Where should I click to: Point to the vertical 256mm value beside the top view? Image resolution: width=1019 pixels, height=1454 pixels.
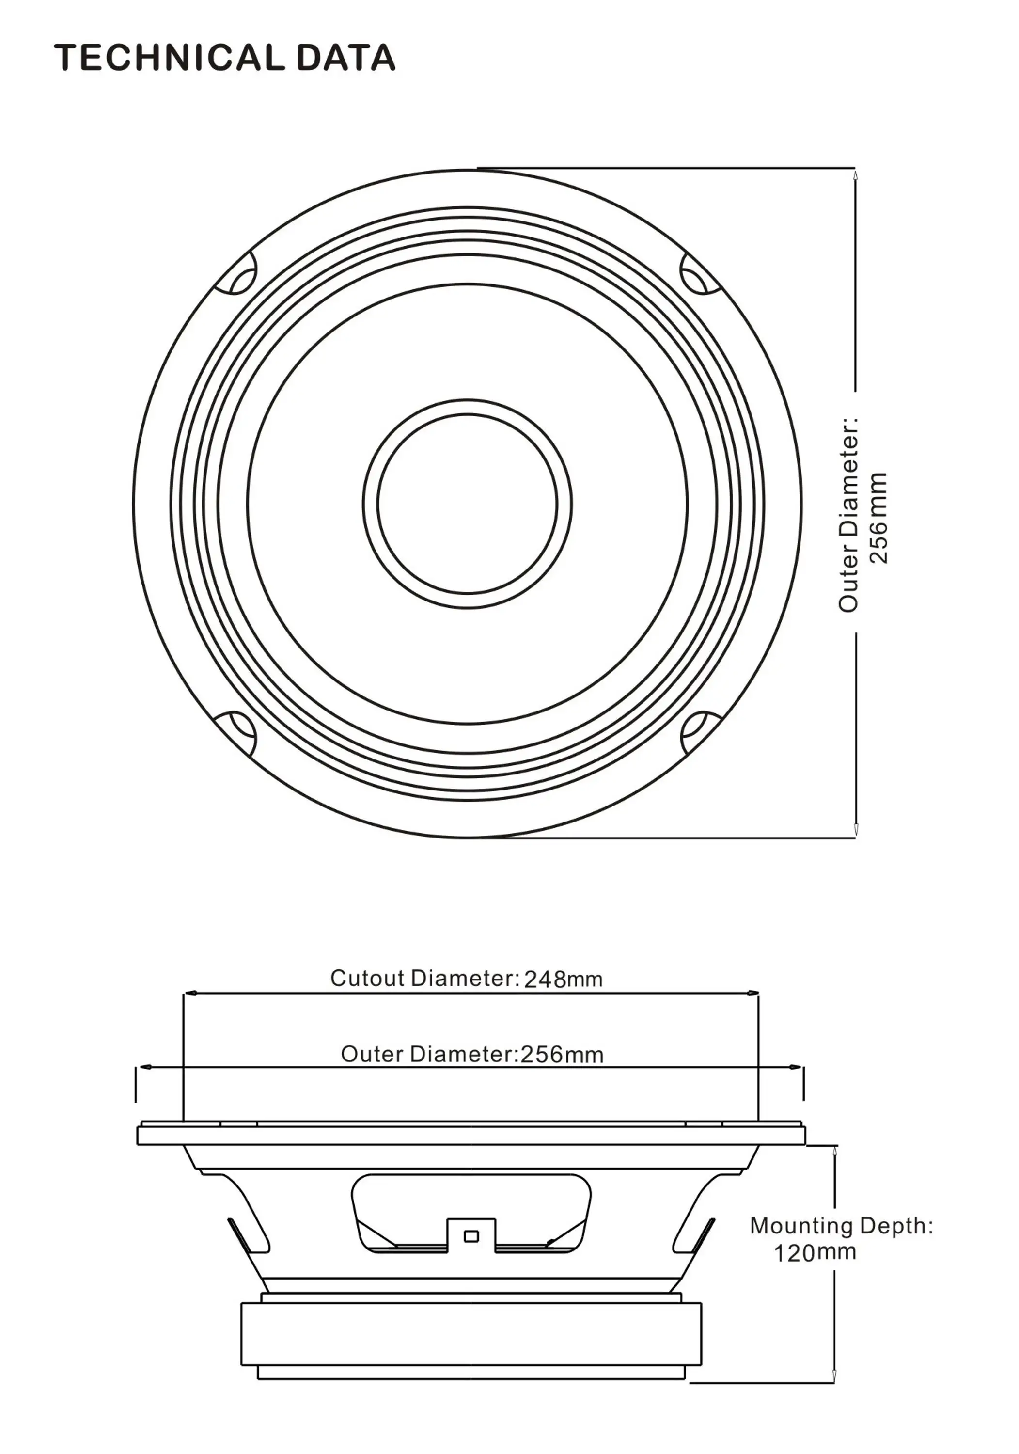click(878, 518)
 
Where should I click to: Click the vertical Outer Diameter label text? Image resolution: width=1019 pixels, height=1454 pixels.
click(848, 513)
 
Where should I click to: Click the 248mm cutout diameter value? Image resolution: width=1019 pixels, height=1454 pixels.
click(563, 980)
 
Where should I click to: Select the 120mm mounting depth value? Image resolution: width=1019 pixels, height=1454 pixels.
click(815, 1252)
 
